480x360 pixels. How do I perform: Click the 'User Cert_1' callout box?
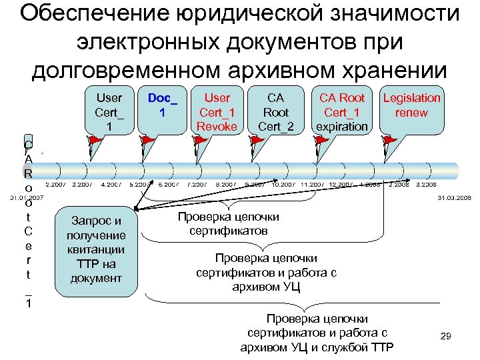(109, 111)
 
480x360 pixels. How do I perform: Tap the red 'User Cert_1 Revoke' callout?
(217, 111)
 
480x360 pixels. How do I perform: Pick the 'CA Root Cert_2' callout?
(273, 111)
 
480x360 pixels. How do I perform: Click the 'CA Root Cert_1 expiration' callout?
(342, 111)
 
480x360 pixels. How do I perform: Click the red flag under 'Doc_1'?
(146, 141)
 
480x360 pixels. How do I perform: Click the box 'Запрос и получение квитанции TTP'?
(97, 249)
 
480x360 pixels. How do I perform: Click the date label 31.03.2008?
(454, 198)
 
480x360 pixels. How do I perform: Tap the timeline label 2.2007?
(55, 184)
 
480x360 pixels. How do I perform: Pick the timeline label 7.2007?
(197, 184)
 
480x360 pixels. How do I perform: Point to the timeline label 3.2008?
(425, 184)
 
